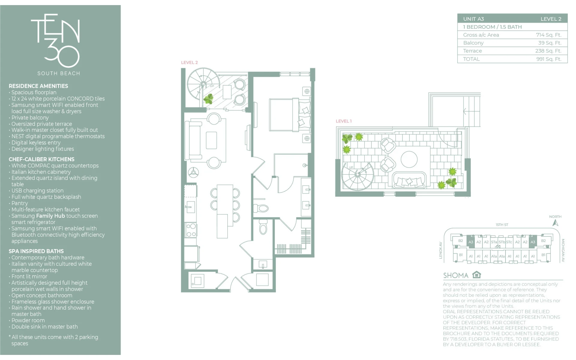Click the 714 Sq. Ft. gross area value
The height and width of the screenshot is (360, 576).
pyautogui.click(x=548, y=35)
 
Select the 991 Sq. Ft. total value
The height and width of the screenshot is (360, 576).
pyautogui.click(x=549, y=59)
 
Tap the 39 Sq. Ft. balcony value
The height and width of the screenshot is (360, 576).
pyautogui.click(x=550, y=43)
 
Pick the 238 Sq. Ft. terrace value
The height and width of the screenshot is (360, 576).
pyautogui.click(x=548, y=51)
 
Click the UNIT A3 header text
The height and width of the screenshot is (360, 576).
pyautogui.click(x=473, y=19)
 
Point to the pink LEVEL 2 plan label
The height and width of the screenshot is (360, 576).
pyautogui.click(x=189, y=62)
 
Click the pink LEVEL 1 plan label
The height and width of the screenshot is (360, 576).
pyautogui.click(x=343, y=121)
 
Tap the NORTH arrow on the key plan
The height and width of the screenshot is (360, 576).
pyautogui.click(x=555, y=223)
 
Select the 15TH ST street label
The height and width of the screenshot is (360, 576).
pyautogui.click(x=502, y=225)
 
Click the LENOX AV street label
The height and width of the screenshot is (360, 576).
pyautogui.click(x=440, y=250)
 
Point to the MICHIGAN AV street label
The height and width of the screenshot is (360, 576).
pyautogui.click(x=563, y=250)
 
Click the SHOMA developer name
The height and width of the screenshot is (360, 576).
pyautogui.click(x=456, y=275)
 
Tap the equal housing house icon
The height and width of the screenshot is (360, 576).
pyautogui.click(x=476, y=274)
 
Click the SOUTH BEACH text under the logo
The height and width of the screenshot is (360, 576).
pyautogui.click(x=59, y=73)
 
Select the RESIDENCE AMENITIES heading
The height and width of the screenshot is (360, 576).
pyautogui.click(x=38, y=86)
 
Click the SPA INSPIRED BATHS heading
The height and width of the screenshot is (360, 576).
pyautogui.click(x=36, y=251)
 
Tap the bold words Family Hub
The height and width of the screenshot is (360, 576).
pyautogui.click(x=50, y=216)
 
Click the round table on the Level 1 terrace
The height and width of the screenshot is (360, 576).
pyautogui.click(x=409, y=159)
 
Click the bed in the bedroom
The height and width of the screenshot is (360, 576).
pyautogui.click(x=290, y=115)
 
